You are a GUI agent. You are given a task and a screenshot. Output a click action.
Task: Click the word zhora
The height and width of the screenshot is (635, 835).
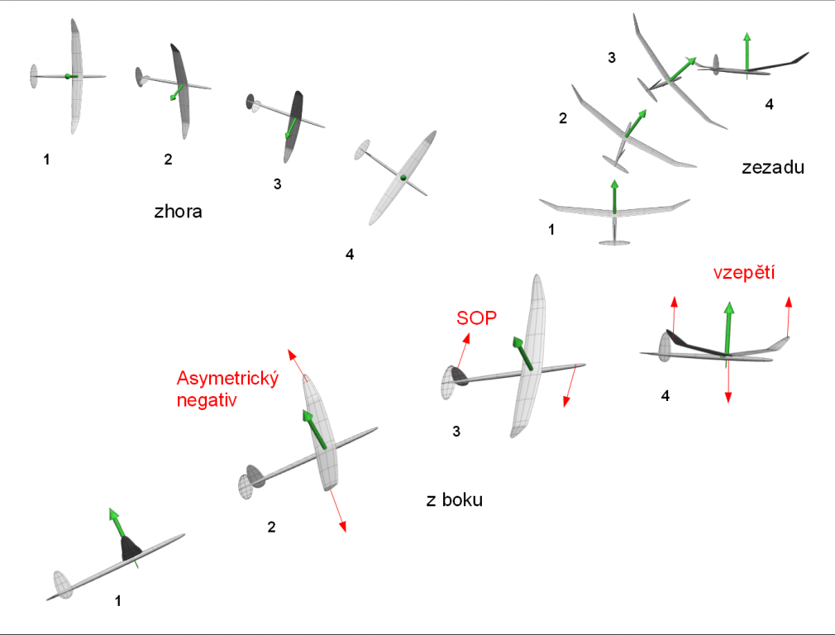coord(178,212)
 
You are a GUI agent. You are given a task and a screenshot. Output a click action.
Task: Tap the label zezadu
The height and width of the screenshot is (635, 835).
coord(773,168)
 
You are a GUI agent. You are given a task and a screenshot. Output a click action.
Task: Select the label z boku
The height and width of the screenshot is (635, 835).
coord(454,500)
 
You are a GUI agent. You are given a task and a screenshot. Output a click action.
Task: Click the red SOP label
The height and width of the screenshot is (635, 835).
coord(477,317)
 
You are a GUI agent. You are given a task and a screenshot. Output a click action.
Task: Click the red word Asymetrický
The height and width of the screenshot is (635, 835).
coord(229,379)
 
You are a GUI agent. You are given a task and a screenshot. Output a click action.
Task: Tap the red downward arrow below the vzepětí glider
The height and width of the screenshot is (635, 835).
coord(728,385)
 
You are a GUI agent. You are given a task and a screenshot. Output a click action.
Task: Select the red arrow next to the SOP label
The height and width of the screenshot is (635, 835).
coord(462,351)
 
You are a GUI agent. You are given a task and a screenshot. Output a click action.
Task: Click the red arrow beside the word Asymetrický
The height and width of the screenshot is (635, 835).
coord(296,363)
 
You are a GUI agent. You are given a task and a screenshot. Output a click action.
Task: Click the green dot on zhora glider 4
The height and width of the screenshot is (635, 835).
coord(403,177)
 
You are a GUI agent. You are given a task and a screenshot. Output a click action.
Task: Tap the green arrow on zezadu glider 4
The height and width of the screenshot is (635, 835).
coord(747,51)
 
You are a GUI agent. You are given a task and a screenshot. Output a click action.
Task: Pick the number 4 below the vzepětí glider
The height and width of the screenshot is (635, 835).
coord(666,396)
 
